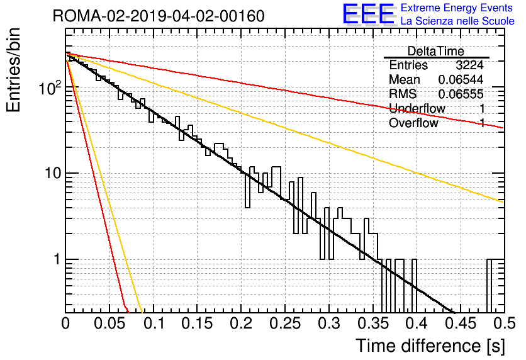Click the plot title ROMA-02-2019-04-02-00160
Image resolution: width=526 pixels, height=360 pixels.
click(159, 16)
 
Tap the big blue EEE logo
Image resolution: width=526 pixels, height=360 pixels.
click(368, 14)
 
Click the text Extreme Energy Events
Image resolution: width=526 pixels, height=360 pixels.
click(457, 8)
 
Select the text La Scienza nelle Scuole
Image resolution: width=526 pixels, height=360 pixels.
click(457, 21)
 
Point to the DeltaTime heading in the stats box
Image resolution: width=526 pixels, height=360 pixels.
click(436, 52)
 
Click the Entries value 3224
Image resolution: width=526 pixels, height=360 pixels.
click(469, 65)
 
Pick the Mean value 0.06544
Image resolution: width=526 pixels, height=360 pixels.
click(461, 79)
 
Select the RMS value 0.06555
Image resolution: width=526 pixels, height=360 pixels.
click(461, 94)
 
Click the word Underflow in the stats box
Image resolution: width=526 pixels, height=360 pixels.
click(417, 108)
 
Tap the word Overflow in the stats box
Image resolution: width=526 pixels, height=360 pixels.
click(413, 123)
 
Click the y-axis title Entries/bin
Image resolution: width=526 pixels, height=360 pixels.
click(13, 70)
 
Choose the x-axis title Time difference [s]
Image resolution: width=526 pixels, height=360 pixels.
click(430, 346)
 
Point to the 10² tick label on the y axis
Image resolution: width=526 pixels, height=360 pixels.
click(50, 88)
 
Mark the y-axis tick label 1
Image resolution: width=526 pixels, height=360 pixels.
click(57, 259)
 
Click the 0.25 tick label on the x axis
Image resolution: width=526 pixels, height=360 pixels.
click(285, 323)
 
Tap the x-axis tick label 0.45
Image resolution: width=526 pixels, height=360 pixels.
click(461, 323)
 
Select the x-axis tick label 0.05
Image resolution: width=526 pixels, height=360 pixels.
click(109, 323)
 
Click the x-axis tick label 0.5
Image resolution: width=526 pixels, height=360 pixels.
click(504, 323)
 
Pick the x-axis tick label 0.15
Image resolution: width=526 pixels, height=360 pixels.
click(197, 323)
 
